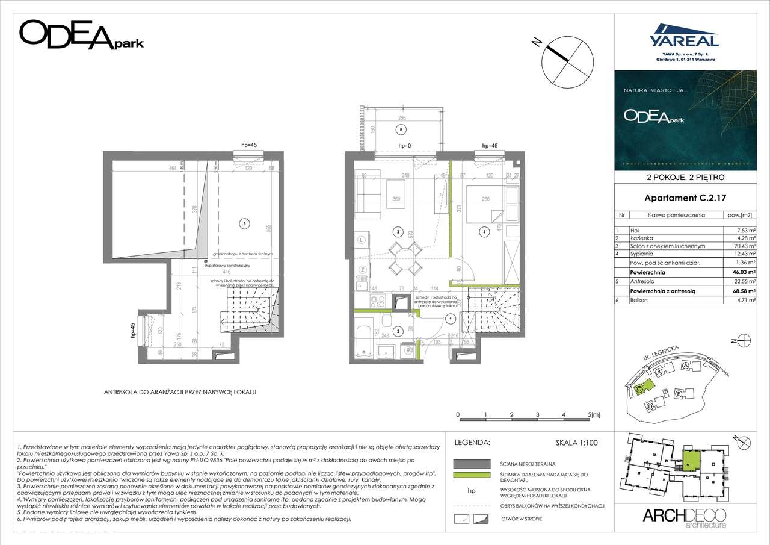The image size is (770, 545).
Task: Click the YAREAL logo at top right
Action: click(684, 37)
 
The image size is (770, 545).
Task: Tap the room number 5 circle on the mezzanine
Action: click(243, 223)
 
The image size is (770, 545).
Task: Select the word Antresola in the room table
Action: click(643, 282)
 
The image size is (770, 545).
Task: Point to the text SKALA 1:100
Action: click(577, 443)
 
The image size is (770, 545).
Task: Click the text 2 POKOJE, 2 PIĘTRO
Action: click(685, 178)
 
